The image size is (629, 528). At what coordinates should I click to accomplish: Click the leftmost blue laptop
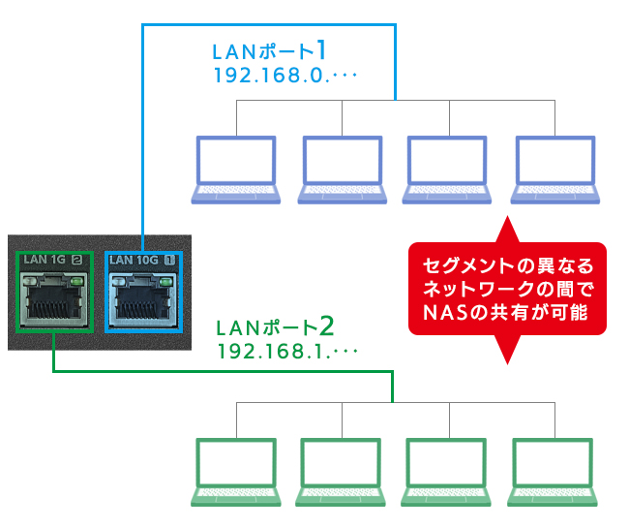[236, 169]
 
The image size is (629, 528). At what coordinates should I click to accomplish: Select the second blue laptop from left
[342, 169]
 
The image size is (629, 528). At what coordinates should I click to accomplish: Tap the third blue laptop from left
[446, 169]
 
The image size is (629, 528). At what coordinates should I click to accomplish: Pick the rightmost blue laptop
[554, 169]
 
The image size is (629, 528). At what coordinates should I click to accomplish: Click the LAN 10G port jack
[141, 301]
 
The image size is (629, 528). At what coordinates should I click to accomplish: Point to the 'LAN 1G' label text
[44, 260]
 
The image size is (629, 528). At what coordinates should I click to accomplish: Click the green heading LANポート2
[276, 324]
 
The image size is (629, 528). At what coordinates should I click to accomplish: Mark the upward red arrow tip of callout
[508, 223]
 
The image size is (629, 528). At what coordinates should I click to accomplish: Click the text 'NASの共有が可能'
[508, 312]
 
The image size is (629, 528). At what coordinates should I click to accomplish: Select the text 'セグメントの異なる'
[508, 265]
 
